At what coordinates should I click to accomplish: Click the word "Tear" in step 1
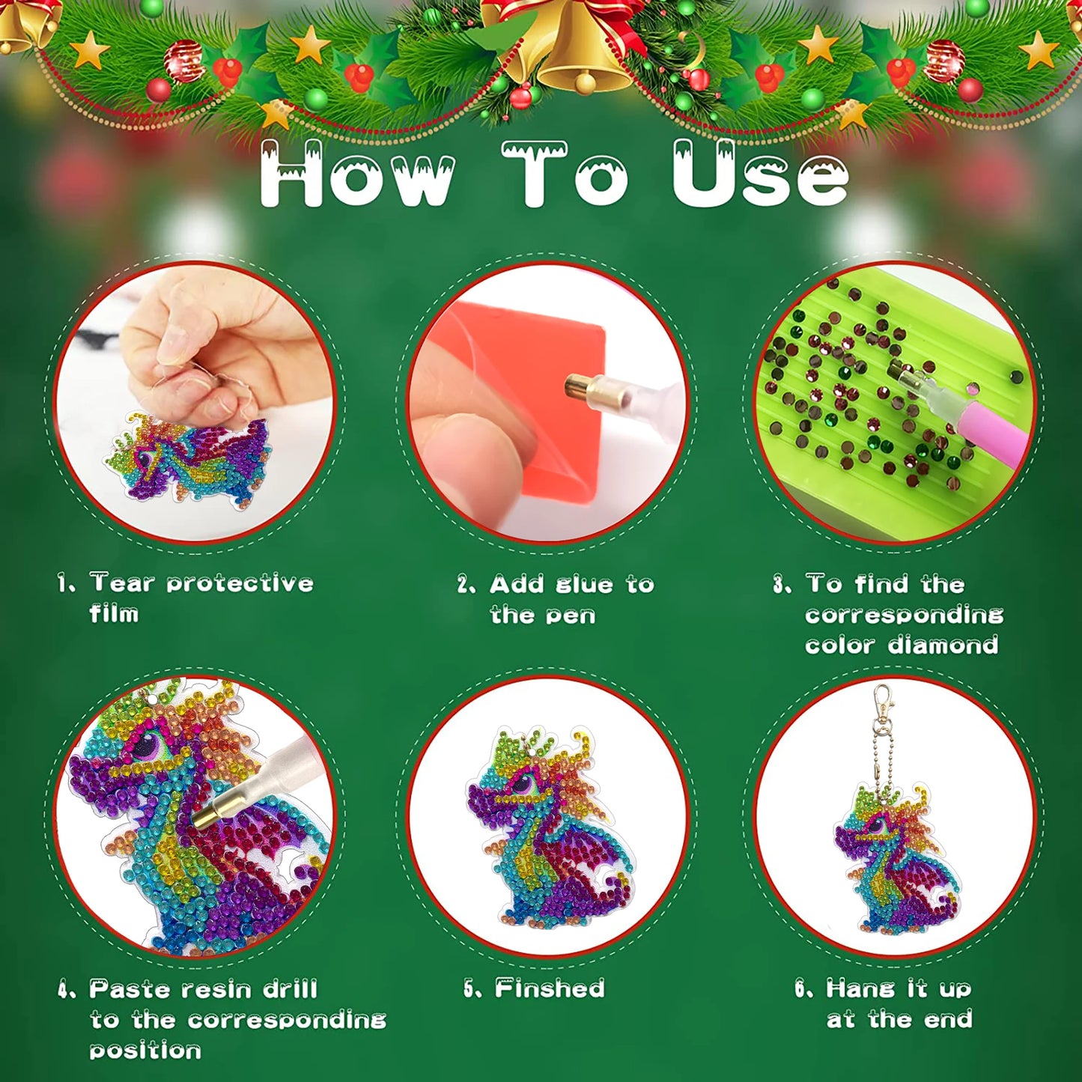122,583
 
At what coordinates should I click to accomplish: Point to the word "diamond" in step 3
943,645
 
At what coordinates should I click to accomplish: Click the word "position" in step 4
145,1051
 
